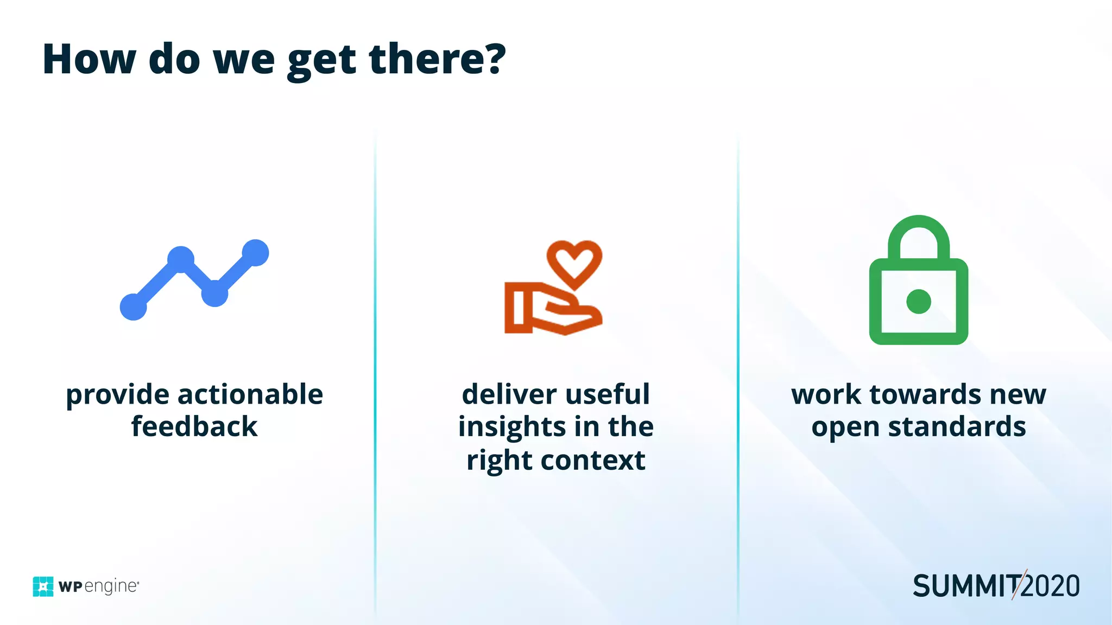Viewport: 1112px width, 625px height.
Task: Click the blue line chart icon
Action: tap(194, 280)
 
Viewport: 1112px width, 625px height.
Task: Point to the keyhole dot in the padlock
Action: tap(919, 302)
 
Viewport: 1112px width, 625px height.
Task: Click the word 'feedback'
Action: tap(194, 426)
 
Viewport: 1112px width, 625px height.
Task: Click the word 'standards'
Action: tap(957, 426)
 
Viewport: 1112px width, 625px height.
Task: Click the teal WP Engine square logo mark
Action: tap(43, 586)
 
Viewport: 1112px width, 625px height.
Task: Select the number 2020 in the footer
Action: tap(1051, 586)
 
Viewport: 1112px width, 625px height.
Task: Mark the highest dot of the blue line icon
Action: tap(255, 253)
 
